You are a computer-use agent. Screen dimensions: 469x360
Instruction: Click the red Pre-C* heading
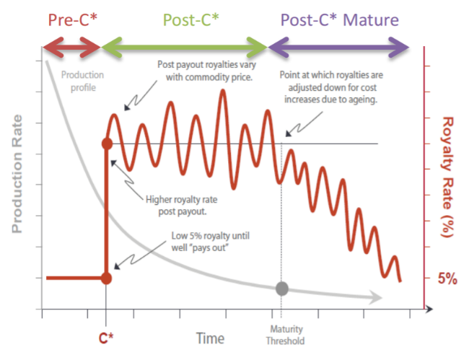(73, 19)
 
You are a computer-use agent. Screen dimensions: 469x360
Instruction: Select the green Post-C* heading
(190, 19)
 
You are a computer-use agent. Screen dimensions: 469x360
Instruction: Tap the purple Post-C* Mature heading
(340, 19)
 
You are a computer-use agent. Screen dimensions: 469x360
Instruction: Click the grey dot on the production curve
(281, 289)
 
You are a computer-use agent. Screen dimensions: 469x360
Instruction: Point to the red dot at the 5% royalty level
(106, 278)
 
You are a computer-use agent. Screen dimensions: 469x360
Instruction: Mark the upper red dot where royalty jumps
(107, 144)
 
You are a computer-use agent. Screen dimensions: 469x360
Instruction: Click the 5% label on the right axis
(447, 278)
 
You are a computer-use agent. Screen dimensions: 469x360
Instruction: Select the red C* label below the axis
(106, 338)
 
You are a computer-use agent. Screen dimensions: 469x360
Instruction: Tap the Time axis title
(210, 338)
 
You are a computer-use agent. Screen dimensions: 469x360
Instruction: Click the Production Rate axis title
(17, 174)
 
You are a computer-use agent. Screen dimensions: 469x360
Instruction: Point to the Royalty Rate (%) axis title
(447, 177)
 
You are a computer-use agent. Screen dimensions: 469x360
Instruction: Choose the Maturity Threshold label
(286, 335)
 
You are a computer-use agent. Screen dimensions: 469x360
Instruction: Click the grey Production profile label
(82, 81)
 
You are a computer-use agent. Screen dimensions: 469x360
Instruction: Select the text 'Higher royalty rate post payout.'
(182, 206)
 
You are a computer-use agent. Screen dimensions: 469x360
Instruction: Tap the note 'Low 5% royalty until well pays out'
(210, 242)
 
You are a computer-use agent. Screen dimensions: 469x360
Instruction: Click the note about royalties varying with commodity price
(207, 71)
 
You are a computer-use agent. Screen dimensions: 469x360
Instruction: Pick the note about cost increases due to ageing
(331, 87)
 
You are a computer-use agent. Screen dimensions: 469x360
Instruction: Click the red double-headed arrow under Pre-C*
(71, 47)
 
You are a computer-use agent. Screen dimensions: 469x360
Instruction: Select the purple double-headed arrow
(338, 47)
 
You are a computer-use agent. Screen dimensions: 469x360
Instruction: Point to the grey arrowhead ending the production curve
(376, 297)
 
